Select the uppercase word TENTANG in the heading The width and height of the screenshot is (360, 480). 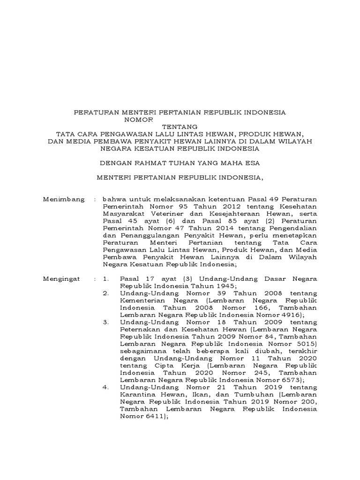(180, 127)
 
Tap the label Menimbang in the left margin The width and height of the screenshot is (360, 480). (63, 199)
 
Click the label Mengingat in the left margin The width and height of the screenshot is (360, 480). (62, 278)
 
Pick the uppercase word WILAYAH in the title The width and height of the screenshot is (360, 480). (300, 141)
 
